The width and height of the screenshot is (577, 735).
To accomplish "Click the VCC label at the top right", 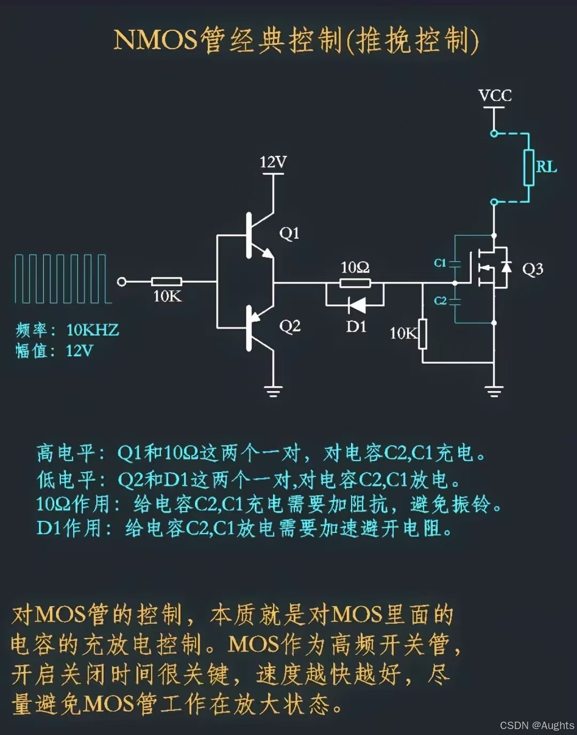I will pyautogui.click(x=495, y=96).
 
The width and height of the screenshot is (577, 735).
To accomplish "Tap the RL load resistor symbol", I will pyautogui.click(x=528, y=168).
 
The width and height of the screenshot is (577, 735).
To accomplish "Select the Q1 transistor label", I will pyautogui.click(x=289, y=233).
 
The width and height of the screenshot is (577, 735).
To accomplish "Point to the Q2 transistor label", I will pyautogui.click(x=290, y=326).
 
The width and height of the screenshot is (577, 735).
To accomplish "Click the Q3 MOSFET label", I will pyautogui.click(x=532, y=269).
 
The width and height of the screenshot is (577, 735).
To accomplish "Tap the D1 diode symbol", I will pyautogui.click(x=356, y=306).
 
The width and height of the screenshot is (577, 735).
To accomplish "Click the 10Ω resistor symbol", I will pyautogui.click(x=355, y=283).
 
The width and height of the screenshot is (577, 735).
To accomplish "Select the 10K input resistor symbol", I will pyautogui.click(x=167, y=282).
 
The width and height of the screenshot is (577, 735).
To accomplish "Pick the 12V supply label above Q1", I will pyautogui.click(x=273, y=162).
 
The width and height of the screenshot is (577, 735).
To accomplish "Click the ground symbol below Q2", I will pyautogui.click(x=274, y=392).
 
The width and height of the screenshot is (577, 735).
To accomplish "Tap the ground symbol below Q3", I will pyautogui.click(x=494, y=392).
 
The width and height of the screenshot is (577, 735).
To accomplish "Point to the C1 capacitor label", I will pyautogui.click(x=440, y=263).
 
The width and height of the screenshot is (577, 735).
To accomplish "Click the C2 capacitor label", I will pyautogui.click(x=440, y=301).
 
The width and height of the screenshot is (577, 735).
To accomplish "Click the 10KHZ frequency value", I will pyautogui.click(x=92, y=330).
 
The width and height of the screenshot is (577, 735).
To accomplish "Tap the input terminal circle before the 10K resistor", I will pyautogui.click(x=122, y=282).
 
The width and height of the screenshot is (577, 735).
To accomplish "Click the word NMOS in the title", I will pyautogui.click(x=155, y=40).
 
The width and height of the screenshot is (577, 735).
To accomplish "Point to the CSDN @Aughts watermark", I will pyautogui.click(x=536, y=725).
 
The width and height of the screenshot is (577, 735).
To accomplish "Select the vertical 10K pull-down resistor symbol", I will pyautogui.click(x=423, y=334).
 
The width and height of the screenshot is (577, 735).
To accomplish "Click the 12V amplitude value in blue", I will pyautogui.click(x=80, y=351).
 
